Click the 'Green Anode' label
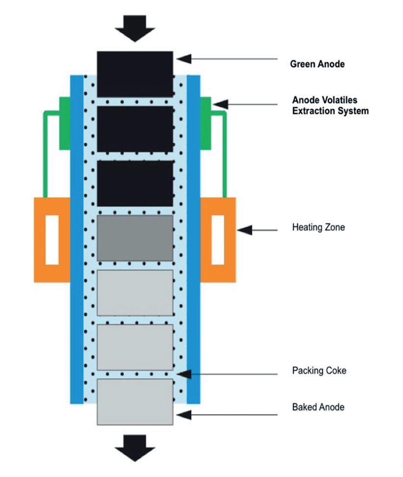[x=317, y=64]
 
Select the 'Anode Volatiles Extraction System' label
[x=330, y=106]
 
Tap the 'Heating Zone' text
[x=318, y=228]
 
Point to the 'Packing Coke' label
[x=319, y=371]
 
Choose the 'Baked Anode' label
[x=318, y=407]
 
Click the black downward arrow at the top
[x=135, y=28]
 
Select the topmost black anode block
[x=135, y=74]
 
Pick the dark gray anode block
[x=135, y=238]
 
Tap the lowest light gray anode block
[x=135, y=401]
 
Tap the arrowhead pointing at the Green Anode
[x=184, y=59]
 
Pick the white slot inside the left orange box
[x=52, y=239]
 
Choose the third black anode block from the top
[x=135, y=183]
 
